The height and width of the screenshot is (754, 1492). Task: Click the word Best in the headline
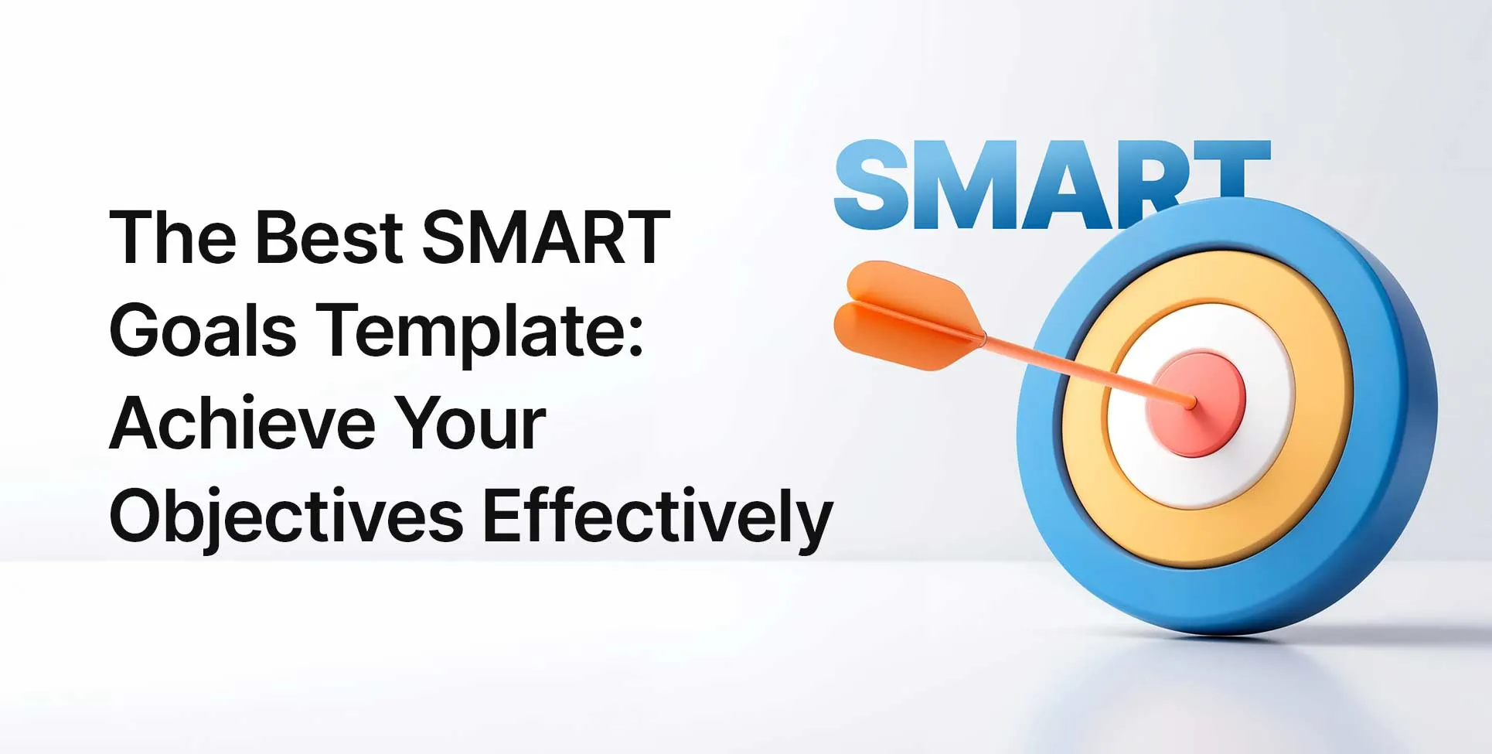329,237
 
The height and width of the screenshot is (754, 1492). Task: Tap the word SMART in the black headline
546,237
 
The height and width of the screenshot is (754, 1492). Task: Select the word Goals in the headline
203,330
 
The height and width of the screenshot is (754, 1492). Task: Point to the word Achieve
242,423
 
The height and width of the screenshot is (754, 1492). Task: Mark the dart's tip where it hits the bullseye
1192,402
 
